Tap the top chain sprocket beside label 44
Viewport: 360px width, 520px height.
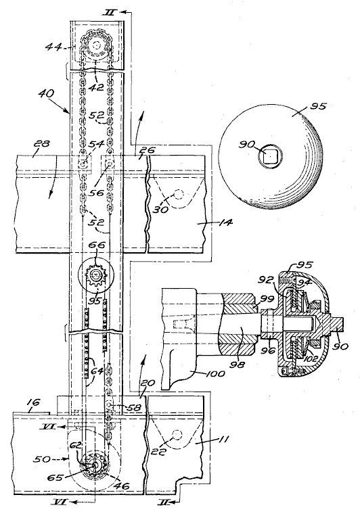tap(97, 44)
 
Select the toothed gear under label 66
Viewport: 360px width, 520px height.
tap(96, 276)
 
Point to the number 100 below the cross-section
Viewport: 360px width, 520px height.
tap(217, 373)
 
